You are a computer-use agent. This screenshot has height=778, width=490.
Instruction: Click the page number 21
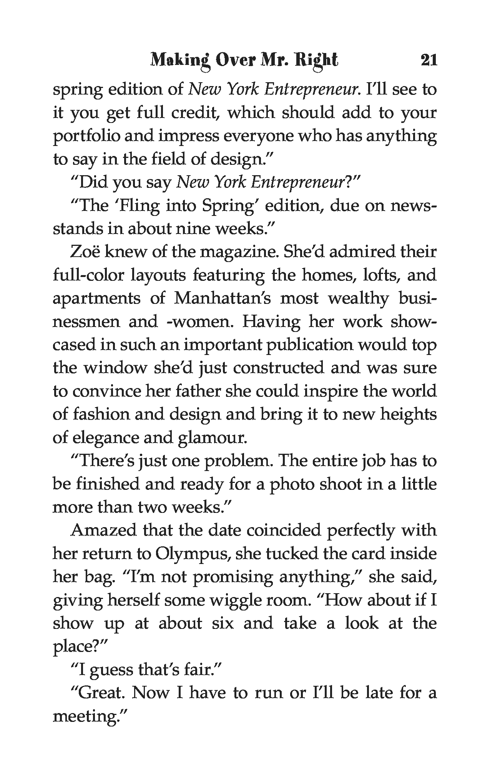tap(429, 60)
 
